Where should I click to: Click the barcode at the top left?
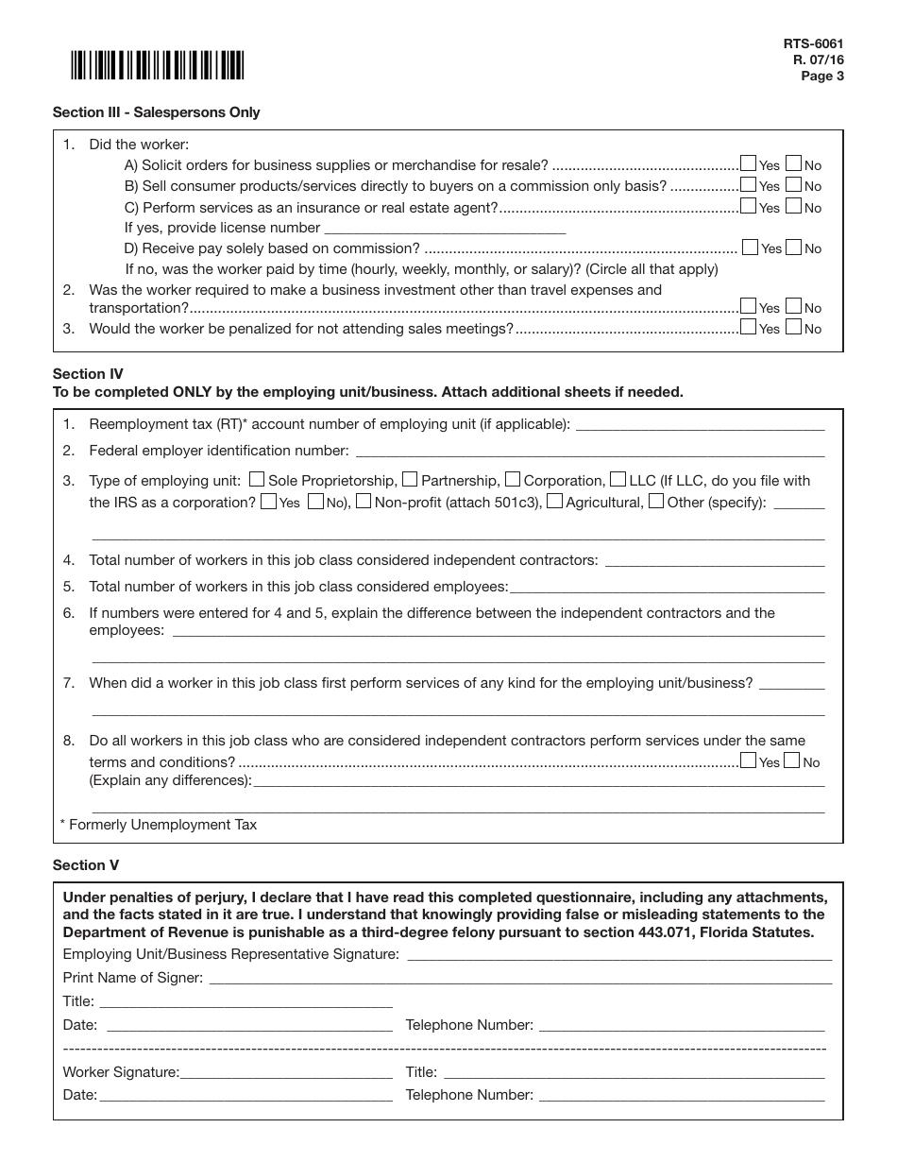pyautogui.click(x=156, y=65)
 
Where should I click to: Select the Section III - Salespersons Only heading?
pyautogui.click(x=156, y=112)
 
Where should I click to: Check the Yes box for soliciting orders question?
pyautogui.click(x=749, y=163)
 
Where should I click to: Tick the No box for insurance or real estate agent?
pyautogui.click(x=793, y=206)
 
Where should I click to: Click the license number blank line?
pyautogui.click(x=444, y=229)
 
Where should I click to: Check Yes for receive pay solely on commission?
pyautogui.click(x=751, y=248)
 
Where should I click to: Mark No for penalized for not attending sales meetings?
pyautogui.click(x=793, y=328)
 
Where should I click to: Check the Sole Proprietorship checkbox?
pyautogui.click(x=257, y=479)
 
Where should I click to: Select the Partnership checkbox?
pyautogui.click(x=410, y=479)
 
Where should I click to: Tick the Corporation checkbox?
pyautogui.click(x=513, y=479)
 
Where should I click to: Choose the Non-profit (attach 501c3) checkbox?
pyautogui.click(x=364, y=501)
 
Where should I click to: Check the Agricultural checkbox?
pyautogui.click(x=555, y=501)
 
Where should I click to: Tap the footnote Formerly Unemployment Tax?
pyautogui.click(x=159, y=825)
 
